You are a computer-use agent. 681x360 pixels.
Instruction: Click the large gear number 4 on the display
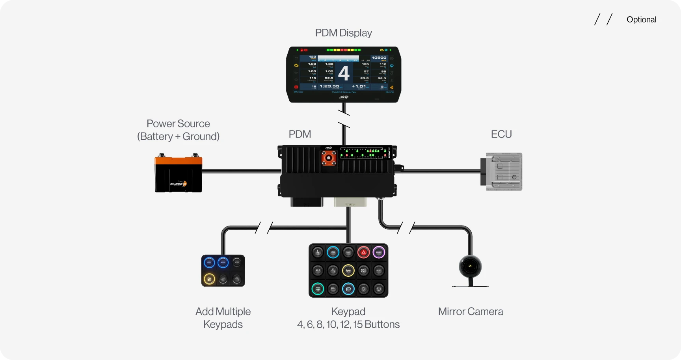(344, 73)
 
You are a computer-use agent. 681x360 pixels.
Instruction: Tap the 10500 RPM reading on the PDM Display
(379, 58)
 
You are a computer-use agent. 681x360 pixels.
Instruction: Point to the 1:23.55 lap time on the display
(329, 86)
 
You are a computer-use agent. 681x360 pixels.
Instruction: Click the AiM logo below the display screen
(344, 97)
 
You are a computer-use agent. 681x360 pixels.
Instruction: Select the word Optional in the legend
(641, 20)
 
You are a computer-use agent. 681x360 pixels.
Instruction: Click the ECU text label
(501, 134)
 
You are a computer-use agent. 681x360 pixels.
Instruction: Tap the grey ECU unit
(502, 172)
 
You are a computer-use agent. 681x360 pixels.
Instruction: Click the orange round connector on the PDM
(328, 158)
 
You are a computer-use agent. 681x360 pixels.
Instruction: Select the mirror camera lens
(470, 267)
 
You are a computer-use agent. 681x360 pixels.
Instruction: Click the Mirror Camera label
(471, 312)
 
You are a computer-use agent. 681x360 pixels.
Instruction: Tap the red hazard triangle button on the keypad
(363, 252)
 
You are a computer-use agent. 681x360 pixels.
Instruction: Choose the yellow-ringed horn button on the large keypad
(348, 270)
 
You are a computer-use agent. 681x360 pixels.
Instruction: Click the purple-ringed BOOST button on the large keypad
(379, 252)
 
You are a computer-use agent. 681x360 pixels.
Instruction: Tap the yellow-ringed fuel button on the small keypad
(209, 279)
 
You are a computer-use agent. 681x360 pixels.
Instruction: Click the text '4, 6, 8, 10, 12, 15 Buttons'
(348, 325)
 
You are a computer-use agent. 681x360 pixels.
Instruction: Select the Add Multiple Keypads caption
(223, 318)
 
